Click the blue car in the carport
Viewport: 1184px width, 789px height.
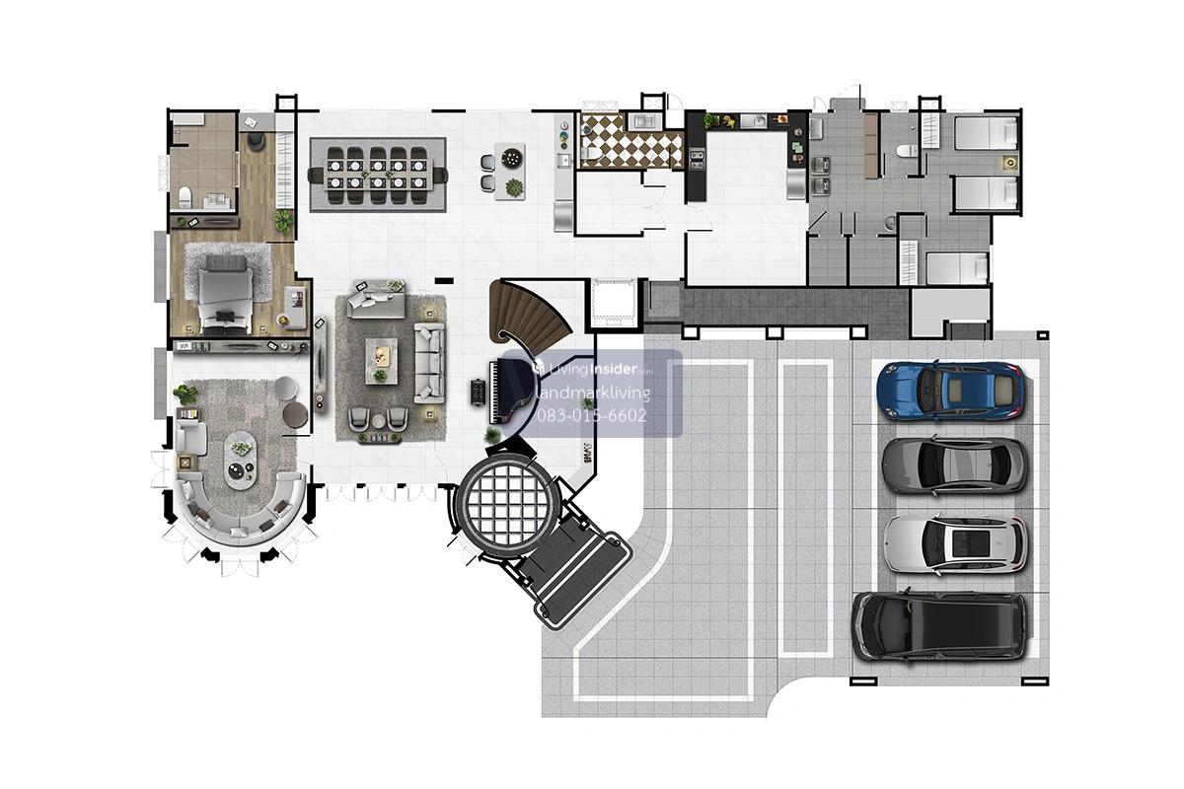click(x=950, y=392)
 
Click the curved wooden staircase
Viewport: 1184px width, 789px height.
click(x=529, y=312)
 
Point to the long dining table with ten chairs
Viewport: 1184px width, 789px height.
click(x=377, y=175)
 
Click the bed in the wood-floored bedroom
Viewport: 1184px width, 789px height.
click(x=226, y=294)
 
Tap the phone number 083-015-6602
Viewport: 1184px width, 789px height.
click(x=591, y=415)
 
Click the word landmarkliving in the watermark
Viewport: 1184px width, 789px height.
click(x=593, y=393)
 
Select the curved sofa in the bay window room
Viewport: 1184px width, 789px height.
click(x=241, y=510)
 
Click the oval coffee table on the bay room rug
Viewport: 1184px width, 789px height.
click(x=241, y=460)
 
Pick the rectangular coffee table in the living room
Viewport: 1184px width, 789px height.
click(x=381, y=361)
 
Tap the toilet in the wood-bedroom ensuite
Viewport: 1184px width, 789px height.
click(x=185, y=197)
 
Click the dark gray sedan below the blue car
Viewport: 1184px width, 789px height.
click(x=954, y=466)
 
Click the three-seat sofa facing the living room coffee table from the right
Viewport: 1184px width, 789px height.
click(x=429, y=363)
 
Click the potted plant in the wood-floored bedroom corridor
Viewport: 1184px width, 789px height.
click(x=283, y=220)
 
